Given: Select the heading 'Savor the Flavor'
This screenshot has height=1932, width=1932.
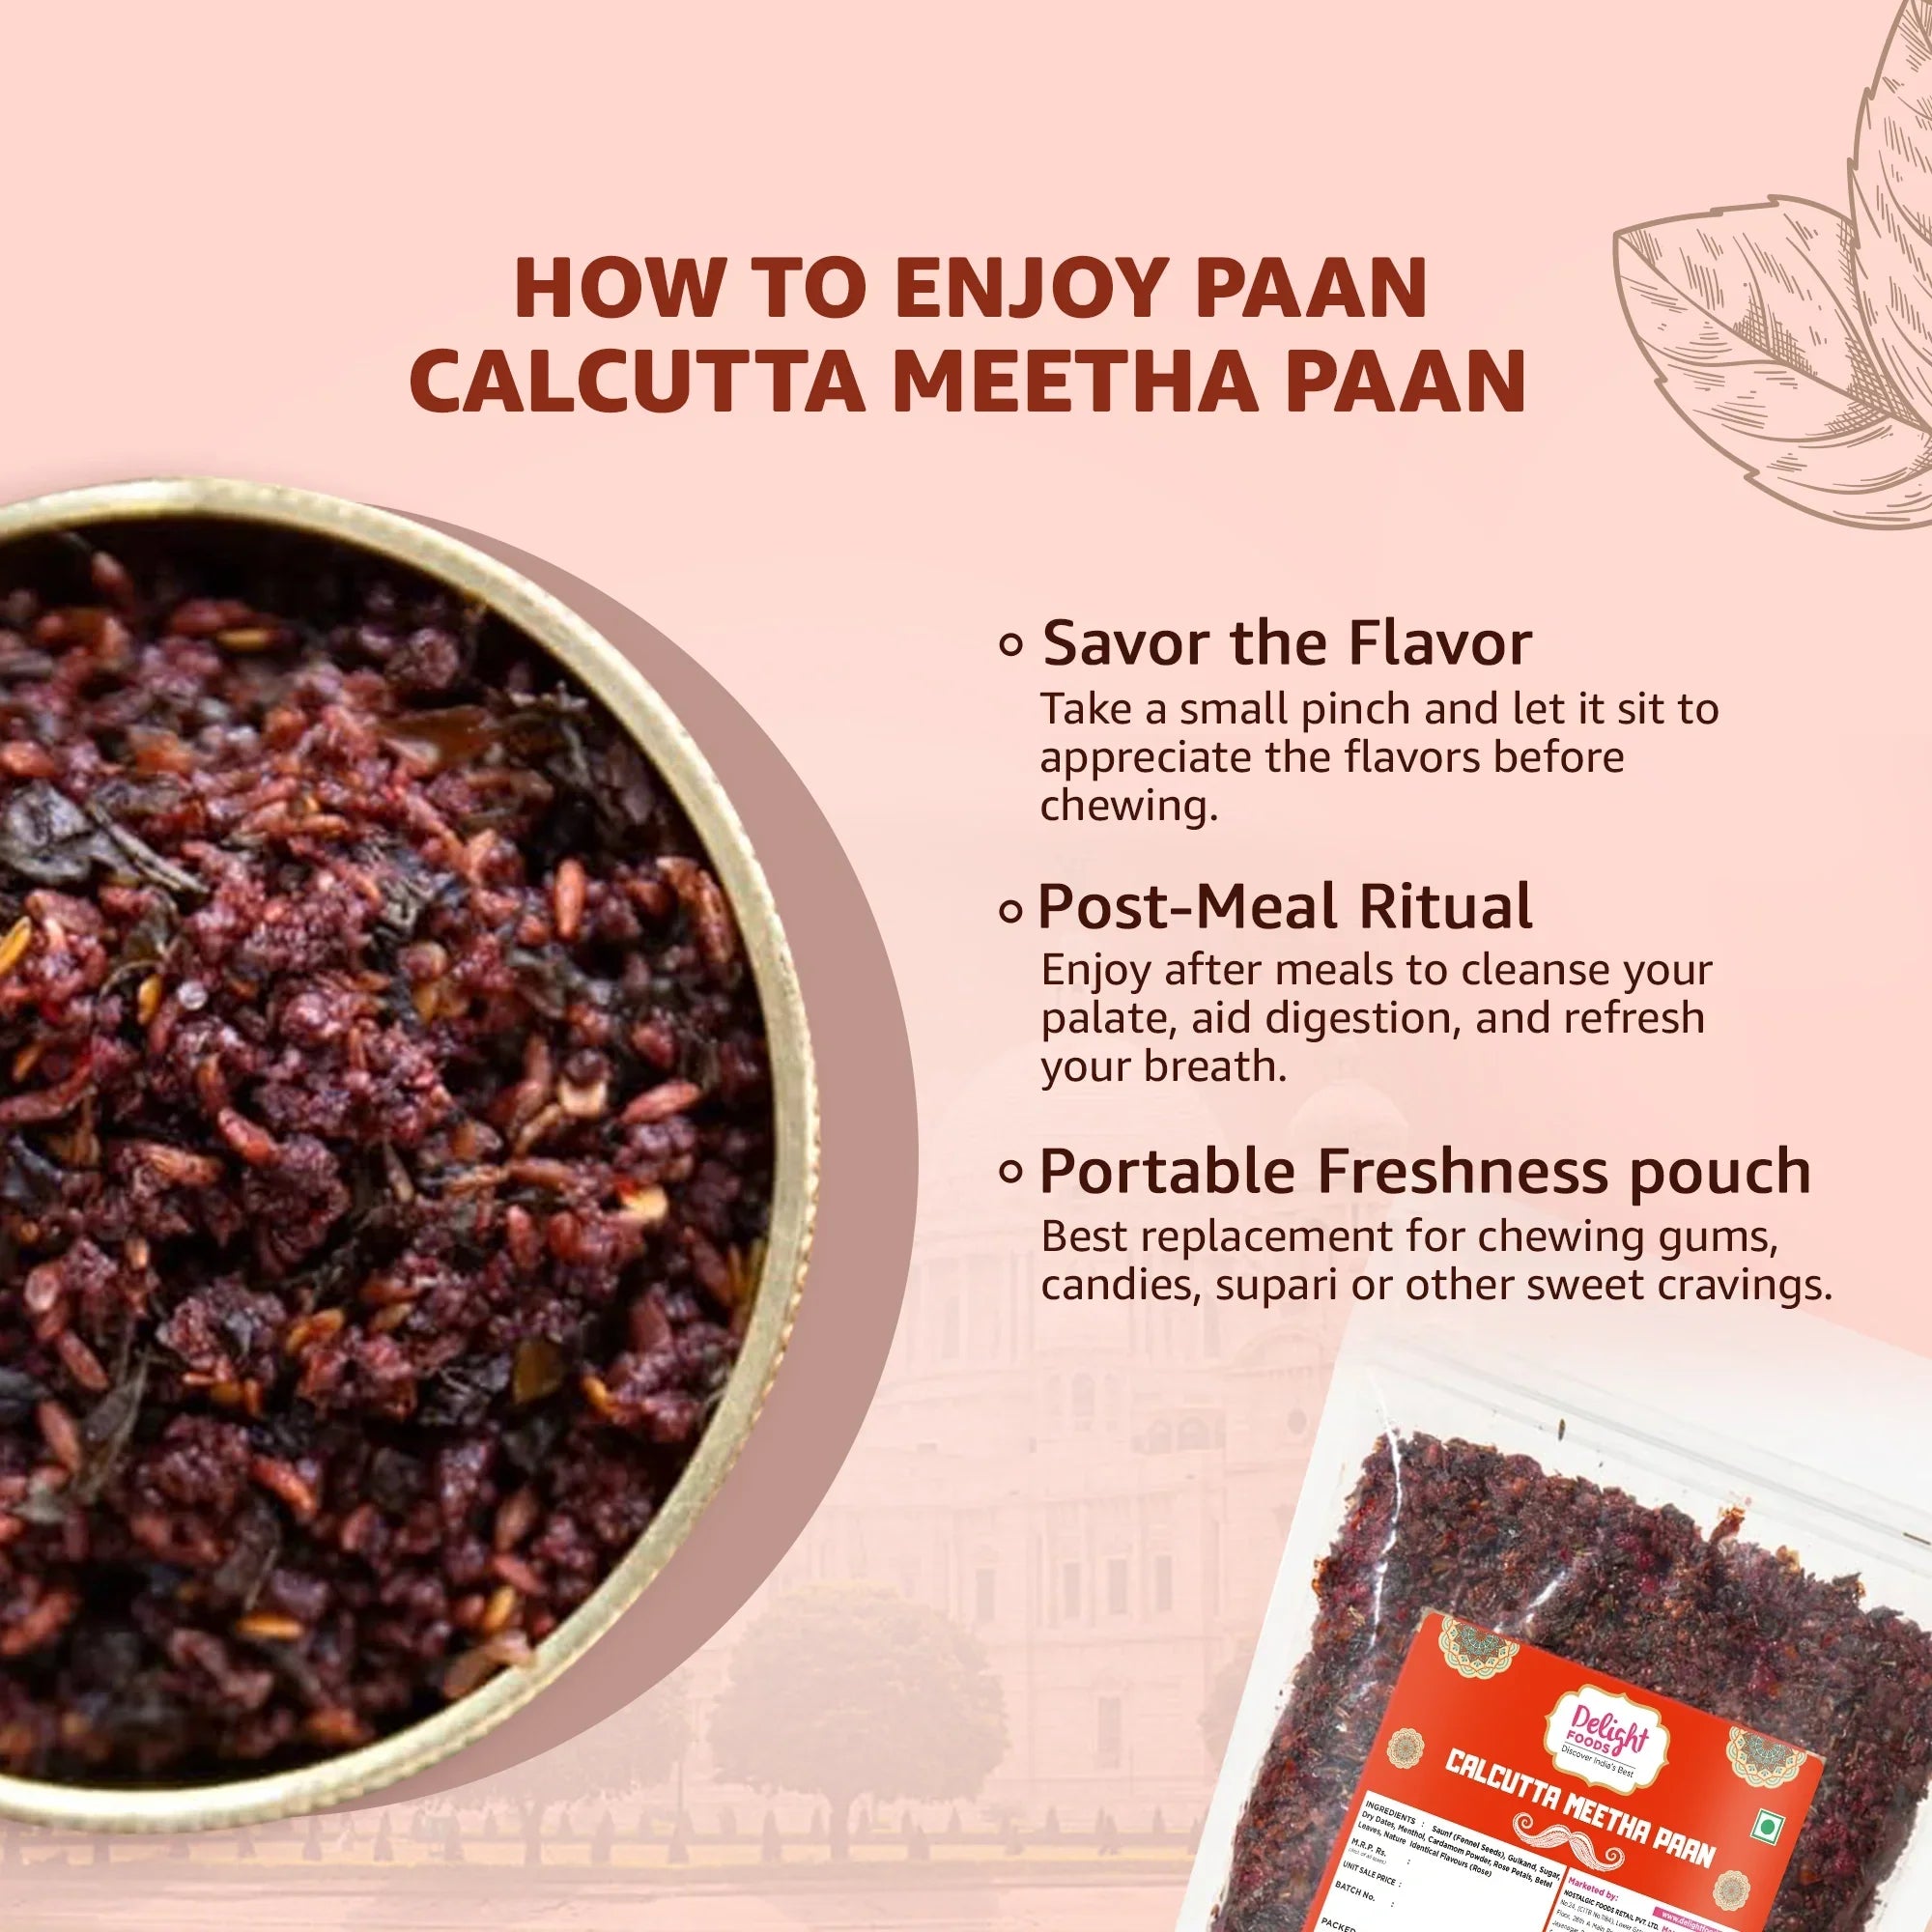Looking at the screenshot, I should (1286, 643).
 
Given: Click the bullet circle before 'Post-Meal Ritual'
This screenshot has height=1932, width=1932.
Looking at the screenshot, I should (1012, 911).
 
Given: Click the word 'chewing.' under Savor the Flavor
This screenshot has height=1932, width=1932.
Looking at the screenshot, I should (1129, 806).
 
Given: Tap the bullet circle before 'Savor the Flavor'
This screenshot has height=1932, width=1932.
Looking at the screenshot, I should (1012, 647).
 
